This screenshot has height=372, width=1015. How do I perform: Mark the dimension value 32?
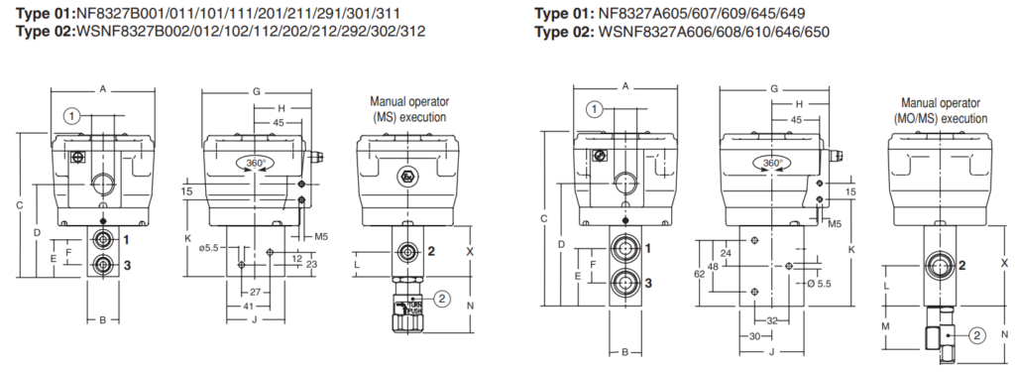click(772, 320)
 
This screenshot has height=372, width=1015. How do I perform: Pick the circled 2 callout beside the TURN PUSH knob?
click(443, 297)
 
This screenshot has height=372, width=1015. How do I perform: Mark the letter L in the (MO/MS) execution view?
click(888, 285)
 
